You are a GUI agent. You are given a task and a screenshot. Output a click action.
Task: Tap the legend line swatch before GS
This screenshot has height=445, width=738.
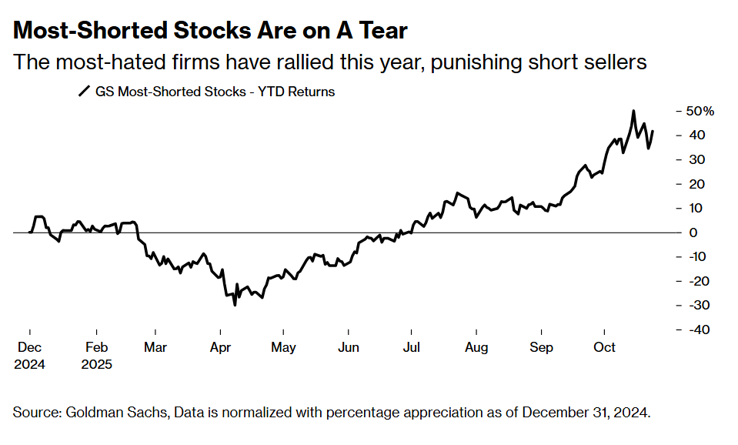84,92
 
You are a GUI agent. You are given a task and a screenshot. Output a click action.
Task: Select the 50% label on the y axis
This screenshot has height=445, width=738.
700,111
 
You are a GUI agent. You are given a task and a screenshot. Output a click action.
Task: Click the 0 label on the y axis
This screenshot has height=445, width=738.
693,233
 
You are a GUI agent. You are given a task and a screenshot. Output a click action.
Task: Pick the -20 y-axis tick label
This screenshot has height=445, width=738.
699,281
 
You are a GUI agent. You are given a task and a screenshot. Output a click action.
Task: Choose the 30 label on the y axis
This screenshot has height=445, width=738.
696,159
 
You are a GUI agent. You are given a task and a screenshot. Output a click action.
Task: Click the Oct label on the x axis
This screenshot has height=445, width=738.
604,348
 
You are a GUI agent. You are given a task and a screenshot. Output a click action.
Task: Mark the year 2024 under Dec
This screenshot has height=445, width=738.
29,364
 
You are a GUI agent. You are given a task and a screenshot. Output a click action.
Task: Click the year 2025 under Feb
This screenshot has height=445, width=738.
97,364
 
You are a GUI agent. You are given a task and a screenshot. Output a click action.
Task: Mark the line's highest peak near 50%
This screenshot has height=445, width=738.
633,112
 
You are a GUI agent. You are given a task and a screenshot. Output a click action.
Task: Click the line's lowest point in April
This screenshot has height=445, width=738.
234,305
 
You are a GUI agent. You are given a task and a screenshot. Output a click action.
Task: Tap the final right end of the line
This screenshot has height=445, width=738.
653,131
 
